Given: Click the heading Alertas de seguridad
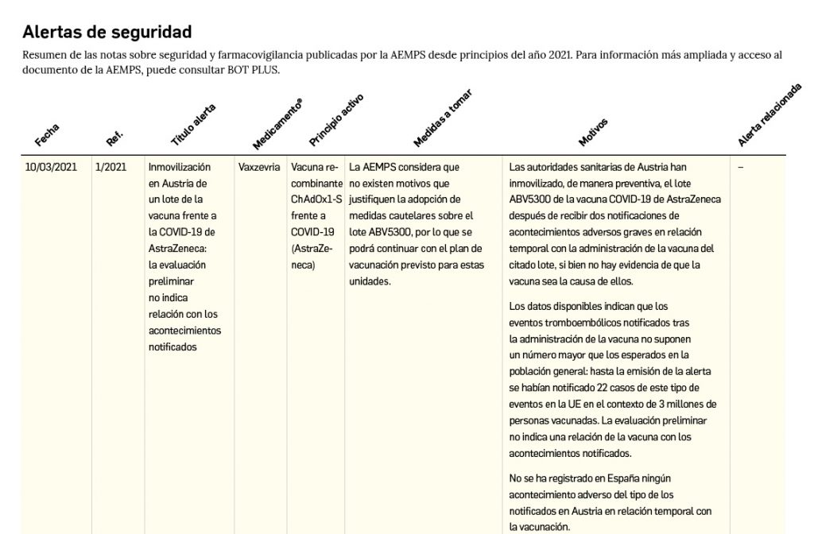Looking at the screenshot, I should pyautogui.click(x=107, y=33).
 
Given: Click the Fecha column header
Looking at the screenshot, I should pyautogui.click(x=47, y=136).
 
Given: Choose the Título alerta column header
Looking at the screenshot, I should pyautogui.click(x=192, y=126).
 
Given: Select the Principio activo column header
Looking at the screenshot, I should pyautogui.click(x=335, y=125).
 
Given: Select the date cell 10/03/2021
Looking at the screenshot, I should pyautogui.click(x=51, y=168).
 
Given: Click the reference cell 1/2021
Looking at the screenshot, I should pyautogui.click(x=110, y=168).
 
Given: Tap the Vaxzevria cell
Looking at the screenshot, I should pyautogui.click(x=258, y=168).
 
